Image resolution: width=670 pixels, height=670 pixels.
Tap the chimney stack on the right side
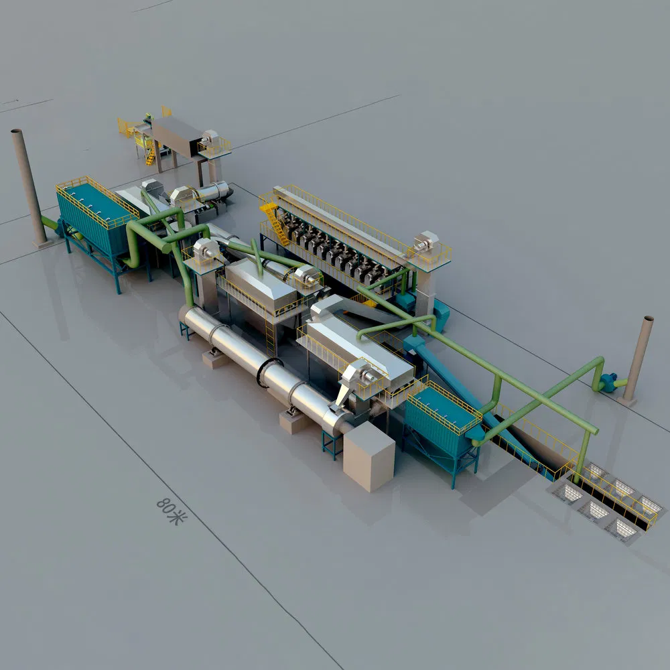click(x=638, y=359)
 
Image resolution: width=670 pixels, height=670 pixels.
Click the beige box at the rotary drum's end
click(x=368, y=456)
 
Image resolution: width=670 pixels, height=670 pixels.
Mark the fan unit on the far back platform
click(x=210, y=139)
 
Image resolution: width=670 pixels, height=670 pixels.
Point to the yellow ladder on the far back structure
click(x=149, y=156)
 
